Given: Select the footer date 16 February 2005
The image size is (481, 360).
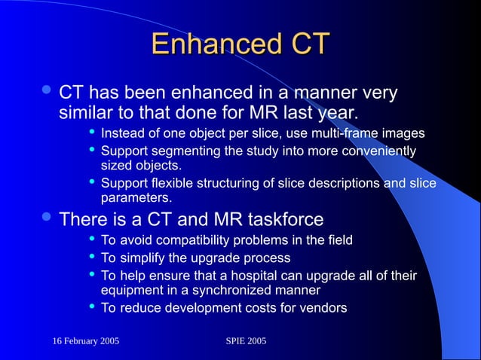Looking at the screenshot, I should pos(86,343).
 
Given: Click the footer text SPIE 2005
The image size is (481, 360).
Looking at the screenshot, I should pos(246,343).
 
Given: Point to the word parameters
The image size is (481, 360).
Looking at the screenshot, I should pos(136,198).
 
